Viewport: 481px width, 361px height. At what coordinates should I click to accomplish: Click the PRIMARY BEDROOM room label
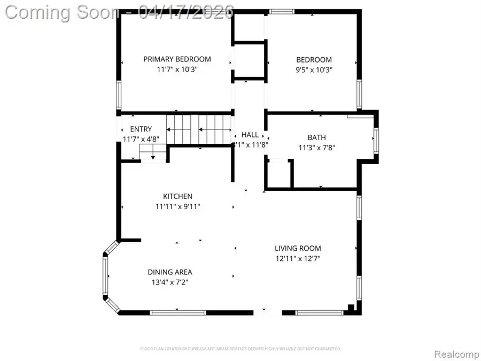tap(177, 59)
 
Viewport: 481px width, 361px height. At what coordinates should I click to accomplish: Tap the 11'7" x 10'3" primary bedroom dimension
tap(177, 69)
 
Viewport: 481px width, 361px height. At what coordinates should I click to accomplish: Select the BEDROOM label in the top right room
tap(314, 60)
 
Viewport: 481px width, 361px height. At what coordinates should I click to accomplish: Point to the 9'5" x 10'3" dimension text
tap(314, 70)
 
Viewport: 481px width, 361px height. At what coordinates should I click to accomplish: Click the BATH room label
tap(316, 137)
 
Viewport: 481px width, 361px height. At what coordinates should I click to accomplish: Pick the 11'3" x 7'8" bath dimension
tap(316, 148)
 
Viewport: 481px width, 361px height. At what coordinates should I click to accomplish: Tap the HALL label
tap(250, 135)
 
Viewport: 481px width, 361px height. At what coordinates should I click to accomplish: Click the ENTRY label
tap(141, 129)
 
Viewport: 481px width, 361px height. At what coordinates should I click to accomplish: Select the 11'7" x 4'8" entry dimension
tap(141, 139)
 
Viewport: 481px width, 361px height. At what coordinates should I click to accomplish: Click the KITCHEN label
tap(178, 196)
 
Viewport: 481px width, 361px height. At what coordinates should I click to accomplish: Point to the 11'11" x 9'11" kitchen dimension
tap(178, 206)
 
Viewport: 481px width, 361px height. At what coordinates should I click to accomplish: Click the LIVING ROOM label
tap(298, 248)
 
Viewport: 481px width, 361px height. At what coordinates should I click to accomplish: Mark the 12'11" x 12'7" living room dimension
tap(298, 258)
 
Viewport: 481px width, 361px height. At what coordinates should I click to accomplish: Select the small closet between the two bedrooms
tap(250, 60)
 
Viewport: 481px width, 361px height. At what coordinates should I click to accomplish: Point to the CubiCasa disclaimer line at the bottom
tap(241, 349)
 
